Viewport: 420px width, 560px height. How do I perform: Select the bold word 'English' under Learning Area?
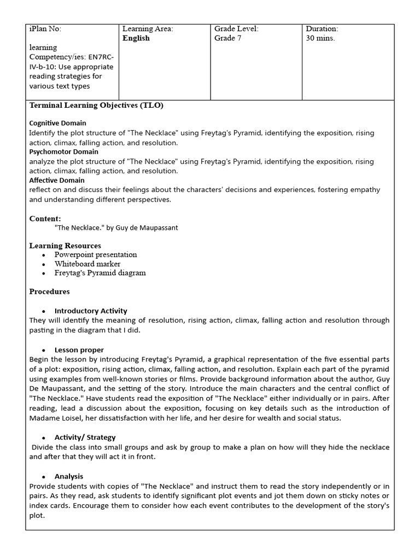(x=136, y=38)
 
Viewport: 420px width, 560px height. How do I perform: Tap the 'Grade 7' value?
(x=227, y=38)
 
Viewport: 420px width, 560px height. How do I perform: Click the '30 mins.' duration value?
(x=320, y=38)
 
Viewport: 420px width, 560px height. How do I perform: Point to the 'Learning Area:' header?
(x=148, y=29)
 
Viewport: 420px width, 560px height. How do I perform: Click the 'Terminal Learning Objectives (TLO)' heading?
(x=96, y=106)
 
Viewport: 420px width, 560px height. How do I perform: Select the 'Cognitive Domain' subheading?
(x=57, y=123)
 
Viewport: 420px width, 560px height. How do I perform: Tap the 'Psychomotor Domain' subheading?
(x=63, y=151)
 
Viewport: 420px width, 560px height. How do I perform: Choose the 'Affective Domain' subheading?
(x=57, y=180)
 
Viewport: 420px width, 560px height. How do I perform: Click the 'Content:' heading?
(x=45, y=219)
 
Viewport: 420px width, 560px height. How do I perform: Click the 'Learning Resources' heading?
(x=65, y=246)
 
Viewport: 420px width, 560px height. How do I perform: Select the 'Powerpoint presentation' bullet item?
(x=96, y=255)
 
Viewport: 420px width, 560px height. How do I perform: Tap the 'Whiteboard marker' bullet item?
(x=87, y=264)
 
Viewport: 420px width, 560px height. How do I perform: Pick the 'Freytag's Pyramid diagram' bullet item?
(x=100, y=273)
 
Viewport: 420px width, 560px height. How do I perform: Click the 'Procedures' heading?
(x=49, y=291)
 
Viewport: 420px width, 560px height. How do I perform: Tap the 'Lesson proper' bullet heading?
(x=79, y=349)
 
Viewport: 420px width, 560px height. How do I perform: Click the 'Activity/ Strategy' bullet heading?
(x=85, y=437)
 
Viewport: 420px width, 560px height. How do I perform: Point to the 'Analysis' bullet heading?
(x=69, y=476)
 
